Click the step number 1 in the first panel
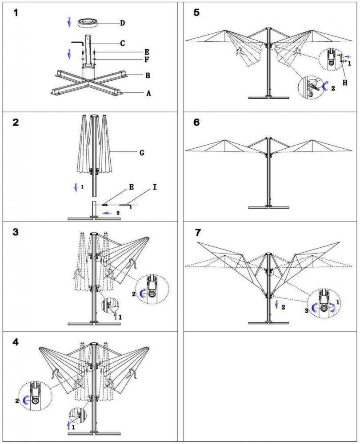pyautogui.click(x=16, y=12)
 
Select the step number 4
pyautogui.click(x=16, y=342)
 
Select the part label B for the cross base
pyautogui.click(x=148, y=75)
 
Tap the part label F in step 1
pyautogui.click(x=147, y=59)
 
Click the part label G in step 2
pyautogui.click(x=142, y=153)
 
